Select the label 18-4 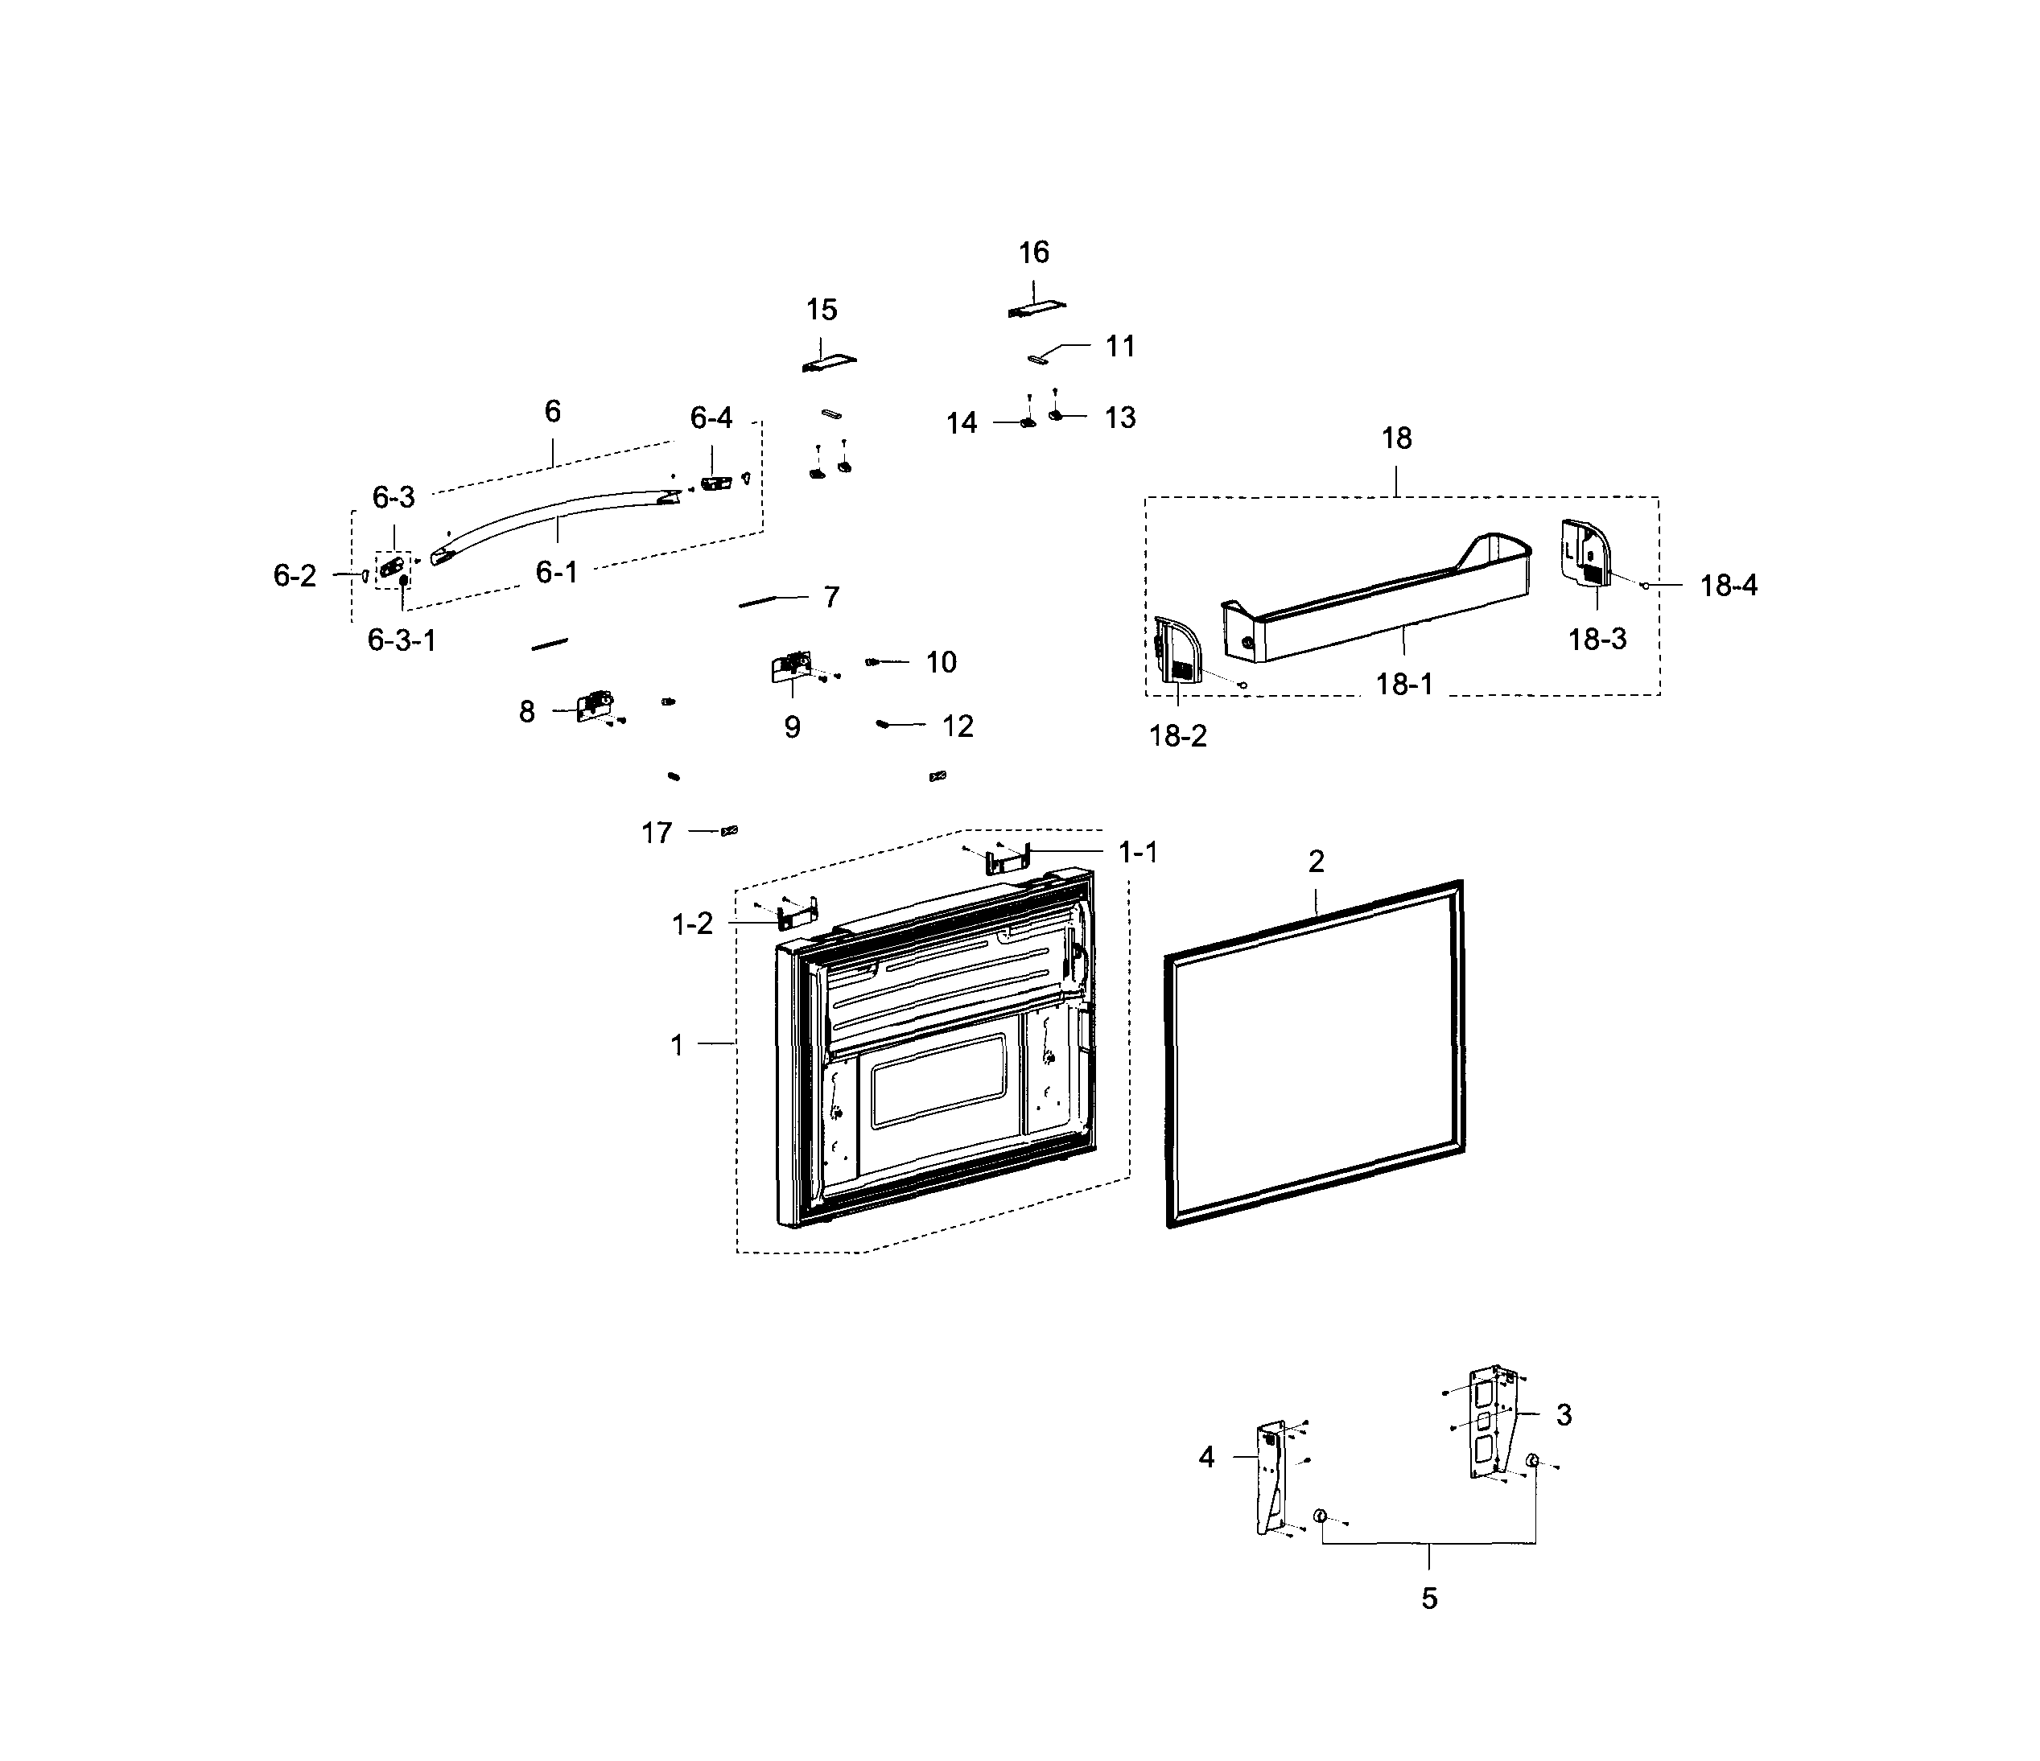[x=1728, y=586]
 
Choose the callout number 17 [x=657, y=833]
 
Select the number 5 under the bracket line [x=1428, y=1598]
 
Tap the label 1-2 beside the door [x=692, y=924]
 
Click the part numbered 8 [x=595, y=705]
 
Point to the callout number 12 [x=957, y=726]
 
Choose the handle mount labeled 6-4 [x=715, y=483]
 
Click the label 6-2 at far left [x=295, y=576]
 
